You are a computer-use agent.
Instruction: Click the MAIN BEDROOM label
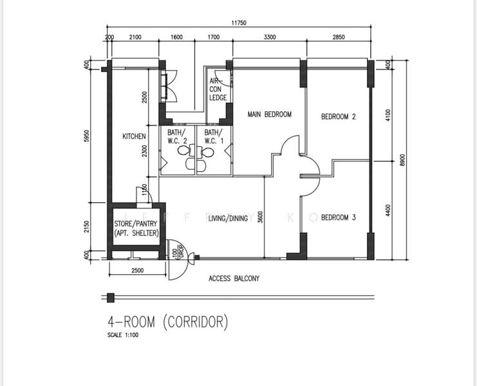tap(270, 115)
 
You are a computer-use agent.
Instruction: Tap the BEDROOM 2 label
tap(339, 116)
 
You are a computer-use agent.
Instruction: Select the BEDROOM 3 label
tap(339, 217)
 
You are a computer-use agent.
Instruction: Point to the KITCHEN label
tap(134, 136)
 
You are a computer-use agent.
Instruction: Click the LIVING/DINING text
tap(227, 218)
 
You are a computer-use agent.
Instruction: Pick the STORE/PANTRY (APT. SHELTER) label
tap(136, 228)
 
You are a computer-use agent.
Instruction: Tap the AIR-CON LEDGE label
tap(218, 89)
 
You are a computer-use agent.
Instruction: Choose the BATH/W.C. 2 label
tap(177, 137)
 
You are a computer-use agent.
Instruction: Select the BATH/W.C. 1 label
tap(214, 137)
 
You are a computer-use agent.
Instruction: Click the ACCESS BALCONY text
tap(234, 279)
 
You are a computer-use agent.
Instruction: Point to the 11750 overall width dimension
tap(239, 23)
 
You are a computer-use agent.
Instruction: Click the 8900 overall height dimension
tap(403, 160)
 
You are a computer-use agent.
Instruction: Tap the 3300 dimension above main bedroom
tap(270, 37)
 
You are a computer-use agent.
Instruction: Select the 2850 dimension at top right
tap(339, 37)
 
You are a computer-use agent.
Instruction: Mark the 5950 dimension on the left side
tap(87, 136)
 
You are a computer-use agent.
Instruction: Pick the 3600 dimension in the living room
tap(260, 217)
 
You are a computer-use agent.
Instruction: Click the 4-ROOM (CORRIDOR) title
tap(167, 322)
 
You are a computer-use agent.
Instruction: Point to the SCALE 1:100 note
tap(123, 335)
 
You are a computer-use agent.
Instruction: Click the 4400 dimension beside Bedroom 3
tap(388, 210)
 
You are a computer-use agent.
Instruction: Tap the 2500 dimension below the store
tap(137, 270)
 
